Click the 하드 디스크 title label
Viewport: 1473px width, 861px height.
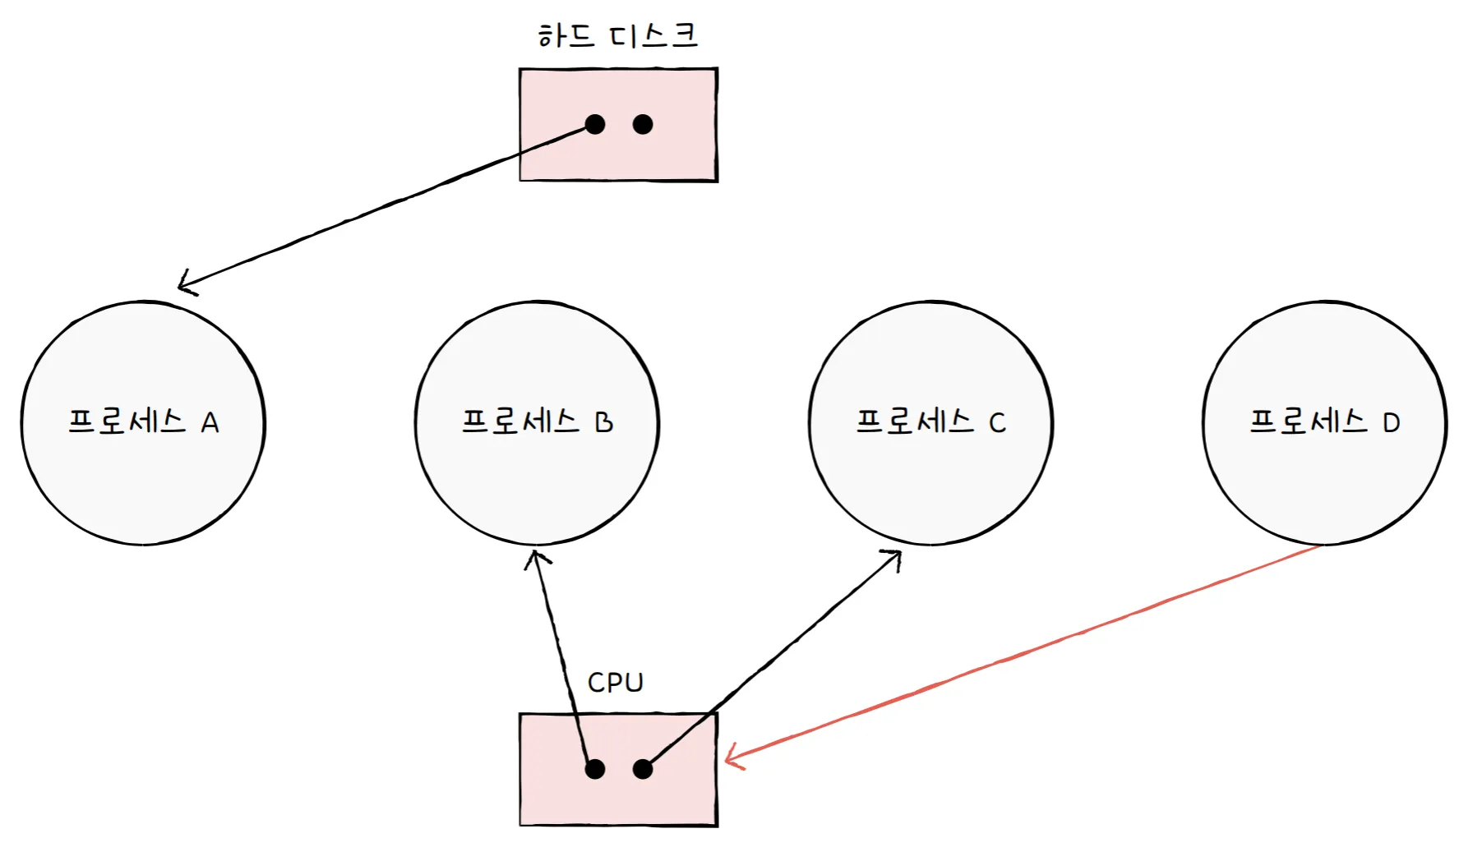click(x=617, y=35)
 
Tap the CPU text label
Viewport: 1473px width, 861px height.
click(x=615, y=682)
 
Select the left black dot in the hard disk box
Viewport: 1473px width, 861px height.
click(x=594, y=124)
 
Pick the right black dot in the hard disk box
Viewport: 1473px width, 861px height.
click(x=643, y=124)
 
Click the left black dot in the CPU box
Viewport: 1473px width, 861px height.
click(x=594, y=769)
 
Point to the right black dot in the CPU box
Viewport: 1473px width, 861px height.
click(x=643, y=769)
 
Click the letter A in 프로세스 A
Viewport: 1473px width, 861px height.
click(x=210, y=423)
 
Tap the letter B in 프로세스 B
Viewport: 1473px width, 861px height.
click(x=604, y=422)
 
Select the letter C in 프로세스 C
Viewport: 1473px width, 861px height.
click(x=997, y=423)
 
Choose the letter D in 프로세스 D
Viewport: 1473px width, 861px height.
click(x=1391, y=423)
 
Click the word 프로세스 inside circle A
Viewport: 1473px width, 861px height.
click(x=127, y=421)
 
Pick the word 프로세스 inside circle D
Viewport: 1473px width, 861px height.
click(x=1308, y=421)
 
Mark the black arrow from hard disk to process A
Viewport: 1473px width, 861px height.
click(x=386, y=205)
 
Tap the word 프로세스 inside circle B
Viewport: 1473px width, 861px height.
click(x=520, y=421)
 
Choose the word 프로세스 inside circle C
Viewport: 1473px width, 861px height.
click(x=914, y=421)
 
